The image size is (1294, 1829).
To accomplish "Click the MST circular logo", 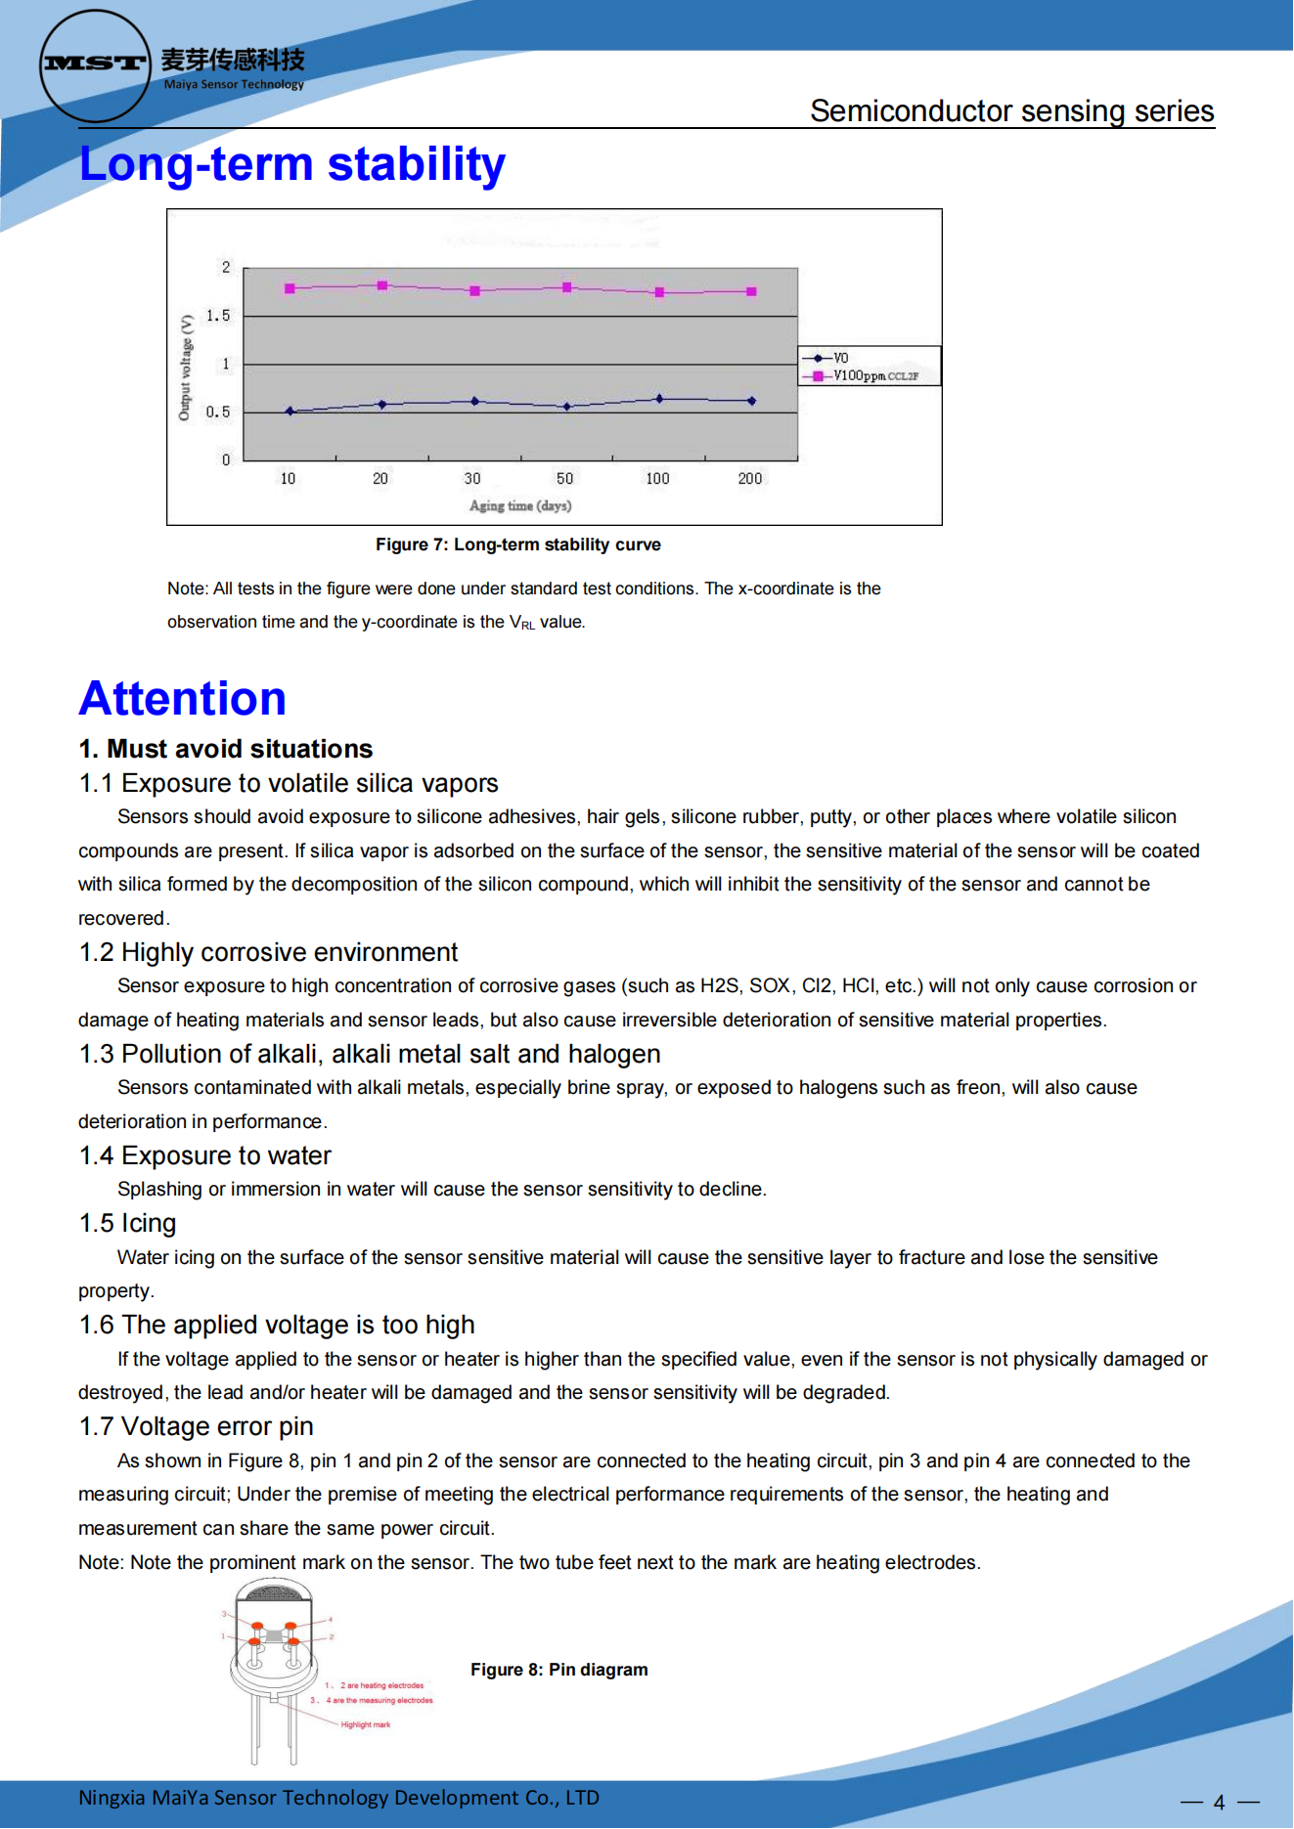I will click(x=95, y=65).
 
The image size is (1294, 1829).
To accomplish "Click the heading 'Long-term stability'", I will click(x=291, y=164).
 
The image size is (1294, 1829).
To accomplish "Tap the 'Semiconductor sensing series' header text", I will click(x=1011, y=111).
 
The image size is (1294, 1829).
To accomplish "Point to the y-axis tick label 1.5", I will click(x=218, y=316).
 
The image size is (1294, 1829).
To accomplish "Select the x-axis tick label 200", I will click(x=749, y=479).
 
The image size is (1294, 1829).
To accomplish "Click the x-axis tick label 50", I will click(x=564, y=479).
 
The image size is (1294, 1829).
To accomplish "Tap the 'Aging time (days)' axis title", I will click(x=520, y=505).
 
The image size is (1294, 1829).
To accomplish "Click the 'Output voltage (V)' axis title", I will click(x=185, y=367).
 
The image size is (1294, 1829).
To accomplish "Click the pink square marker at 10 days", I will click(x=290, y=288).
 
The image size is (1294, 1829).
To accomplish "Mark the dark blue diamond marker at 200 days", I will click(x=751, y=401).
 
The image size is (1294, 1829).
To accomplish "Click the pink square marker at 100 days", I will click(x=659, y=292).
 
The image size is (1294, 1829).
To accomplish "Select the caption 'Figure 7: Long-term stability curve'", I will click(x=517, y=544).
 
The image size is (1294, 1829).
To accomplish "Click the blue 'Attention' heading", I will click(x=183, y=699).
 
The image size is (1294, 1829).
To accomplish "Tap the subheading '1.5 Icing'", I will click(x=128, y=1224).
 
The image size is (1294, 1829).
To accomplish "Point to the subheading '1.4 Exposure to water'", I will click(x=205, y=1156).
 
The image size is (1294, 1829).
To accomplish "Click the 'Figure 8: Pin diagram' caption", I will click(x=558, y=1670).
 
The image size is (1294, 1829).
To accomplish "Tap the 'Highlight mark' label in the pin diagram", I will click(x=365, y=1724).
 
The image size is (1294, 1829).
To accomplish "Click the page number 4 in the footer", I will click(x=1219, y=1802).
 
